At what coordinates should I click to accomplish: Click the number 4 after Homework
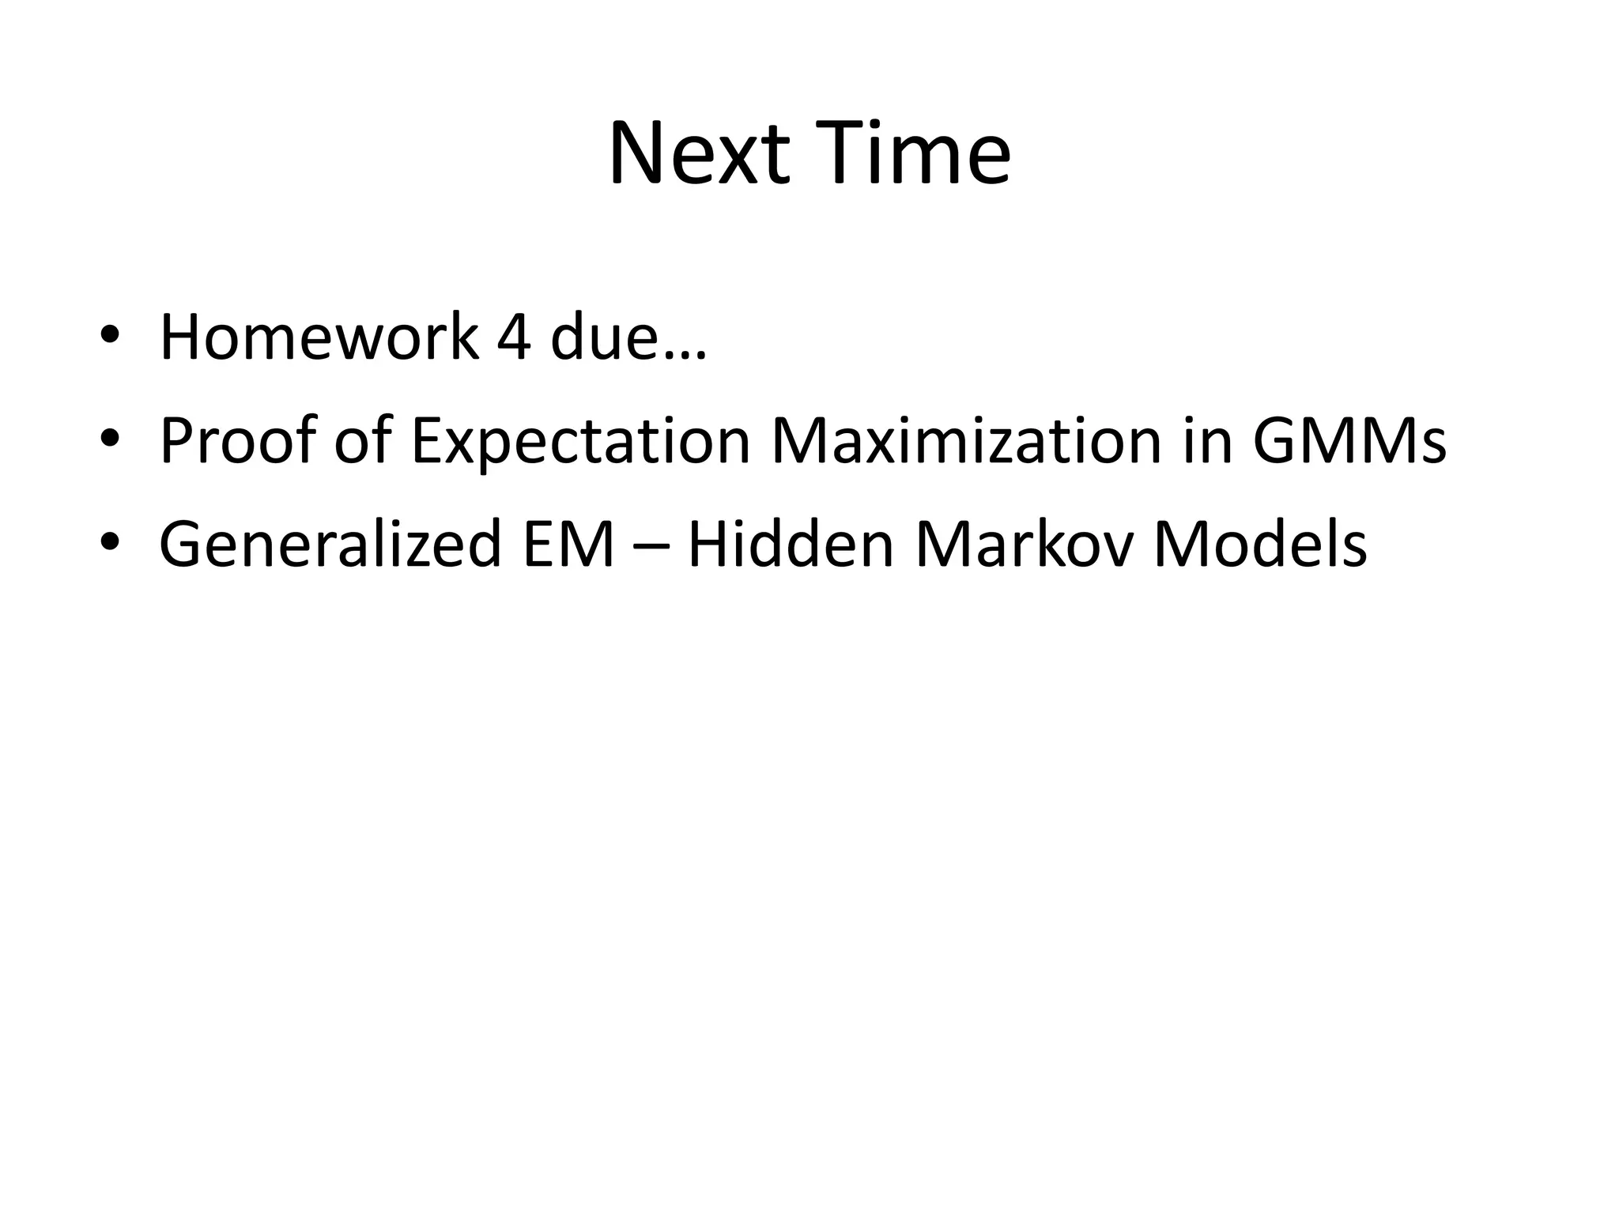[514, 338]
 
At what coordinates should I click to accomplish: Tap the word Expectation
[580, 442]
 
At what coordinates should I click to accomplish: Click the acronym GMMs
[1349, 440]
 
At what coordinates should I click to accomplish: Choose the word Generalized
[330, 545]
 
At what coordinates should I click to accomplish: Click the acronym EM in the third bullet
[568, 545]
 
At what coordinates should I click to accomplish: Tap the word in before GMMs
[1208, 440]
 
